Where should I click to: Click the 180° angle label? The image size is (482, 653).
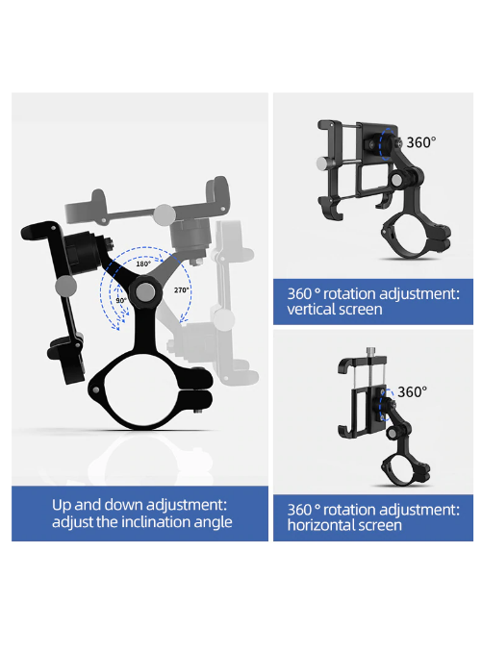click(143, 264)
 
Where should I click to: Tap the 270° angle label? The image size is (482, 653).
click(181, 289)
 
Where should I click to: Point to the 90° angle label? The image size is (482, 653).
click(121, 300)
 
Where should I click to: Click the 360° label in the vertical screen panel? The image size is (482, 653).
click(420, 142)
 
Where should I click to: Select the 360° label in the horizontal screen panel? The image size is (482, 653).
click(412, 391)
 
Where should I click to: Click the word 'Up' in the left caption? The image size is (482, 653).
click(62, 506)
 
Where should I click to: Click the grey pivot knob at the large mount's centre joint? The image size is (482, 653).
click(145, 292)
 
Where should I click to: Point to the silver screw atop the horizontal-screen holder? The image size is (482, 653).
click(370, 352)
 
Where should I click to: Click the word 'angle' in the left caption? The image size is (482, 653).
click(215, 523)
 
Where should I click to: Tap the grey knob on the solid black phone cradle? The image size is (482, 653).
click(65, 286)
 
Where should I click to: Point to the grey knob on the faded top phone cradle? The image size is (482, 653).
click(165, 214)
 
